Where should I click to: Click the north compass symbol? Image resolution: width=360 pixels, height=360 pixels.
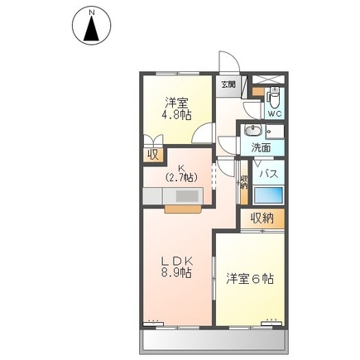(x=92, y=26)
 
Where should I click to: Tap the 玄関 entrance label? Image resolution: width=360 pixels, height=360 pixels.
(x=228, y=84)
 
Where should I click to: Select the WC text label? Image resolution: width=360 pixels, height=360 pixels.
(x=275, y=113)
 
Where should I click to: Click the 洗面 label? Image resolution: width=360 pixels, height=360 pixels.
(x=261, y=149)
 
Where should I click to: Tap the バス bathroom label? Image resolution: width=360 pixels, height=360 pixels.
(x=267, y=175)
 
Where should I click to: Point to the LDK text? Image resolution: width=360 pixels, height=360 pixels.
(x=176, y=259)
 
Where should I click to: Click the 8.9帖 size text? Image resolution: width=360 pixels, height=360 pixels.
(x=176, y=272)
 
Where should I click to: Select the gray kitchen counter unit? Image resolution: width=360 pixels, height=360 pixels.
(x=175, y=196)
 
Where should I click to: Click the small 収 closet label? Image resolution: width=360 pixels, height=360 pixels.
(x=153, y=153)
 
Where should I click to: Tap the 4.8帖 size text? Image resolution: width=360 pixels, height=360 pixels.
(x=175, y=116)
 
